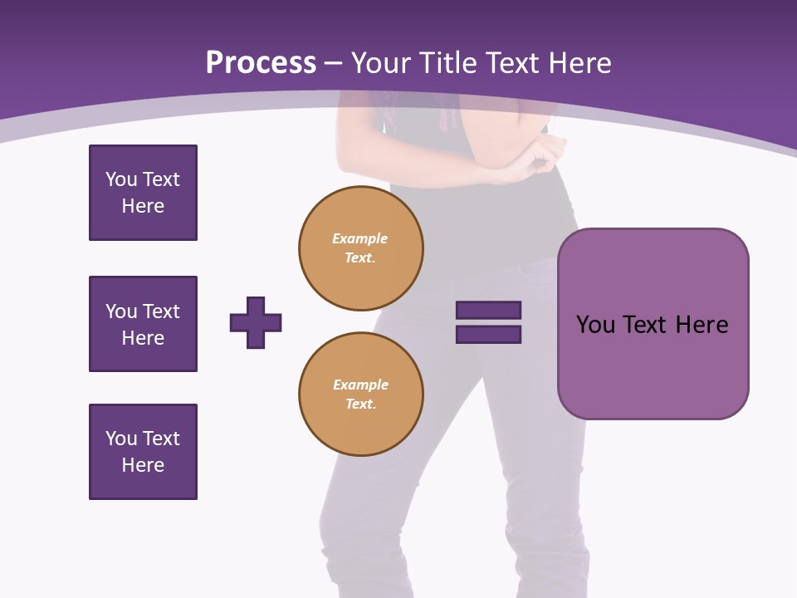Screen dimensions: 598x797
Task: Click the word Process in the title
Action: coord(261,63)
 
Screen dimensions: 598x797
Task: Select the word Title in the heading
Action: coord(445,63)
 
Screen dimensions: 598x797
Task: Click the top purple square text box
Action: coord(143,193)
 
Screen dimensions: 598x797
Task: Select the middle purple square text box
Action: coord(143,324)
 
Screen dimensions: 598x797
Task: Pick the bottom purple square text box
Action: coord(143,452)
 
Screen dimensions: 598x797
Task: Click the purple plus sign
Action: coord(256,322)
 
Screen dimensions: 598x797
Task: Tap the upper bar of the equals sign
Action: coord(488,311)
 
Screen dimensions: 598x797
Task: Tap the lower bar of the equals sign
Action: coord(488,334)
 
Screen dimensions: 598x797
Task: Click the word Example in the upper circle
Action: coord(360,238)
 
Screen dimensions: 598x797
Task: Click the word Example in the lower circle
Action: coord(360,385)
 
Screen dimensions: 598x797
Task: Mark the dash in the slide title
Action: coord(334,64)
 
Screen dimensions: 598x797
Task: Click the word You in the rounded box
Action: coord(595,325)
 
